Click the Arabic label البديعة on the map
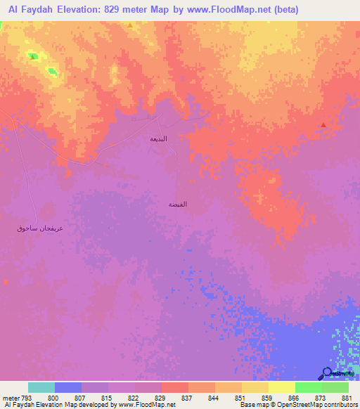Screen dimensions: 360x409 point(159,138)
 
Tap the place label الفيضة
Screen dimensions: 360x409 point(177,204)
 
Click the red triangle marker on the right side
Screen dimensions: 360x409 point(323,125)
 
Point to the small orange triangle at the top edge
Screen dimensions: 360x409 point(130,25)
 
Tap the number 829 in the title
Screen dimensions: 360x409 point(126,10)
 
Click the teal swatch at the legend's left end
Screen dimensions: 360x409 point(41,387)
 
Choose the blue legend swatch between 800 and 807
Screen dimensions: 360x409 point(68,387)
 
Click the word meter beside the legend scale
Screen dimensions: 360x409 point(11,397)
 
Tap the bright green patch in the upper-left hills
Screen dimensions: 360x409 point(33,56)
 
